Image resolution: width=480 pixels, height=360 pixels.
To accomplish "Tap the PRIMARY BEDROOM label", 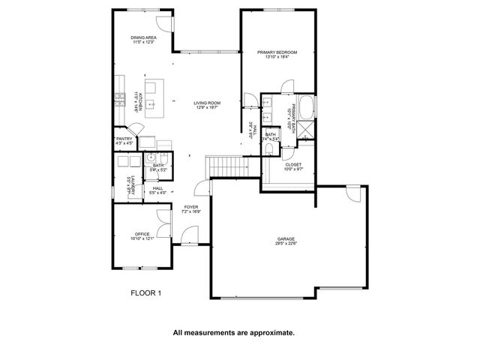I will pos(277,52).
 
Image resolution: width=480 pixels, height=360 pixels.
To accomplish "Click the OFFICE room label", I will pos(142,233).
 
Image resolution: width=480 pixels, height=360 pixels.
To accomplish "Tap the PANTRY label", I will pos(124,139).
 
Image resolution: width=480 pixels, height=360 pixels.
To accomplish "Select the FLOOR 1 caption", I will pos(145,293).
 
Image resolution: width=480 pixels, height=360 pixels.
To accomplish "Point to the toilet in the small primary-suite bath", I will pos(268,148).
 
